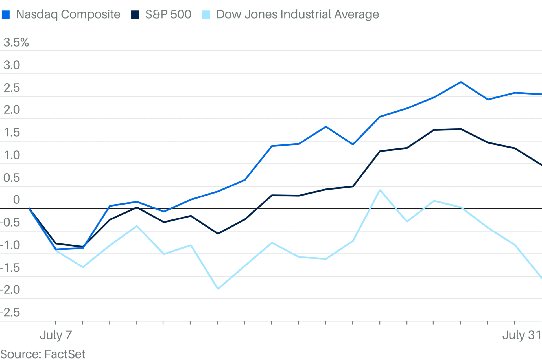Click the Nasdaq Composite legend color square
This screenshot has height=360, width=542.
pos(6,15)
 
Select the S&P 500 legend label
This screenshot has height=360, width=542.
pos(168,14)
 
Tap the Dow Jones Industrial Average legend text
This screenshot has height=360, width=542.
pos(298,14)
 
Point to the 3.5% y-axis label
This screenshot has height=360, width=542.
pos(16,43)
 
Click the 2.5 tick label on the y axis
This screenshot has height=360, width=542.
pos(12,88)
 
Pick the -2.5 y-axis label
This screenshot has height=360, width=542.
pos(10,313)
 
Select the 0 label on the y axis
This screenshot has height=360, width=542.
pos(16,200)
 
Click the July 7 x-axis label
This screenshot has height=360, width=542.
pos(56,335)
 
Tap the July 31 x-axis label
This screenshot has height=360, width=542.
pos(521,335)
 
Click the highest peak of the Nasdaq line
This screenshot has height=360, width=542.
pos(461,82)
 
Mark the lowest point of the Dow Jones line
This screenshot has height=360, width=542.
pos(218,289)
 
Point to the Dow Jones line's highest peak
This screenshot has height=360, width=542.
pos(380,190)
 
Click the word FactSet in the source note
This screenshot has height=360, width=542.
pos(65,354)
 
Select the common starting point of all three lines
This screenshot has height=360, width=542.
pos(29,208)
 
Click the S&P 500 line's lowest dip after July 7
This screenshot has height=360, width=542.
pos(218,234)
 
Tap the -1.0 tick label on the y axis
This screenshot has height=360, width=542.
pos(10,245)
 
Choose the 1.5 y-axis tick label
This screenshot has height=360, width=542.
pos(12,133)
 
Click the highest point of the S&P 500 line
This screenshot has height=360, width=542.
pos(461,129)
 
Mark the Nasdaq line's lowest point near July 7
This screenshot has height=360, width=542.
pos(56,249)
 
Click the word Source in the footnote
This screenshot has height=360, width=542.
pos(20,354)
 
